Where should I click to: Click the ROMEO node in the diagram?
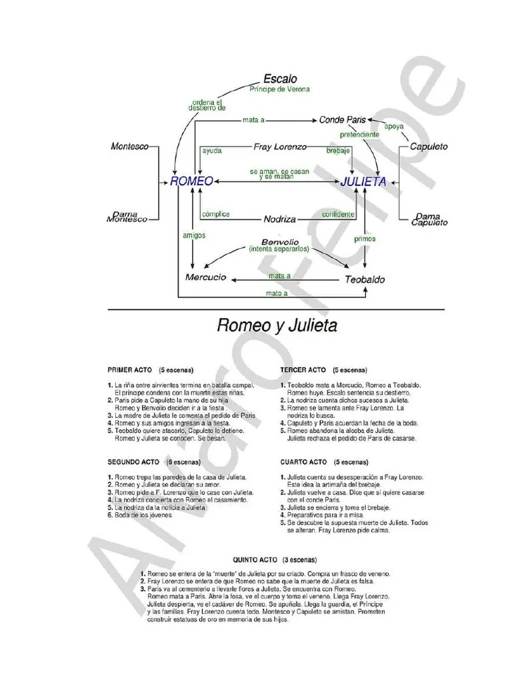(192, 181)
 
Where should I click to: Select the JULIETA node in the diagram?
(363, 181)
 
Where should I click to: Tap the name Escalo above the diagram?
(280, 78)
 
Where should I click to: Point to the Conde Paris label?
(343, 120)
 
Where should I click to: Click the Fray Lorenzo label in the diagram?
(280, 146)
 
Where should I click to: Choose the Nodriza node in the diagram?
(280, 219)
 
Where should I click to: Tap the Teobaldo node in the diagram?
(365, 279)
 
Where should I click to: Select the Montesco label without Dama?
(129, 146)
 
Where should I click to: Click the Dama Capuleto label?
(429, 219)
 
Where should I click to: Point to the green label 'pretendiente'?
(359, 134)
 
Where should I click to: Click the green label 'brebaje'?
(338, 151)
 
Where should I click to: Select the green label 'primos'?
(365, 238)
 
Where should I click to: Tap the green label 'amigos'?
(194, 235)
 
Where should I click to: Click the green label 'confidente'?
(338, 215)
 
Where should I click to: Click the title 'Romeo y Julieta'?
(277, 326)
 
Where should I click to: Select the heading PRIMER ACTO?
(131, 370)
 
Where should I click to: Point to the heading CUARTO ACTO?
(303, 462)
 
